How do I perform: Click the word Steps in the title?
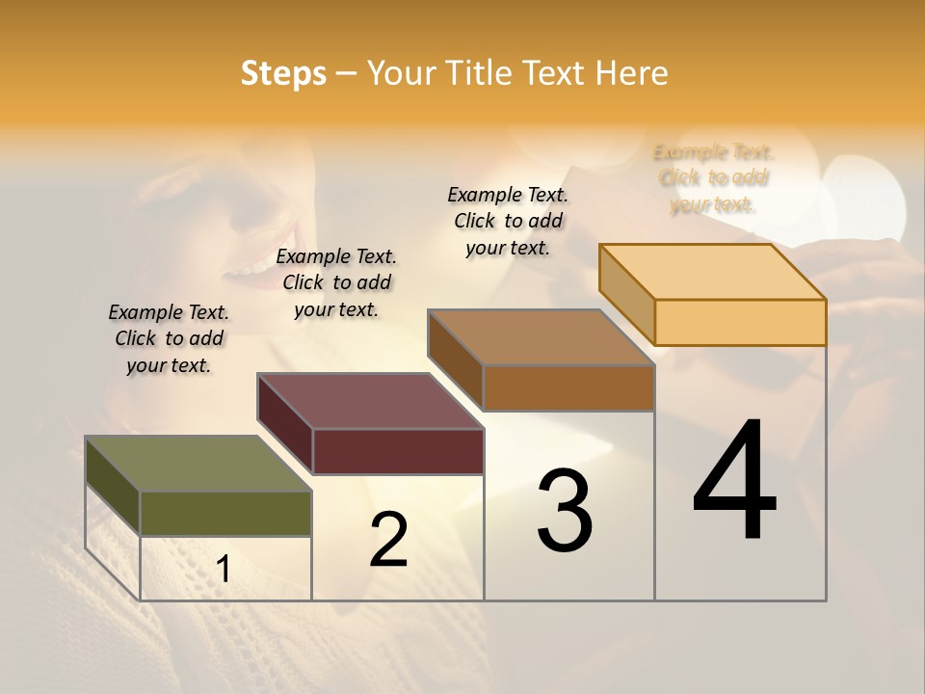click(283, 74)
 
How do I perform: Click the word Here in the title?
click(631, 74)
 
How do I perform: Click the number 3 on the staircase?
click(565, 511)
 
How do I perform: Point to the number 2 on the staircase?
click(388, 540)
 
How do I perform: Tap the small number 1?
click(224, 569)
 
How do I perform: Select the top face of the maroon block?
click(370, 401)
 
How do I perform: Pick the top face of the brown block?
click(542, 337)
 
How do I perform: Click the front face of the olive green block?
click(225, 513)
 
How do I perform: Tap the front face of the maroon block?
click(398, 451)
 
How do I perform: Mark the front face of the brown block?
click(568, 387)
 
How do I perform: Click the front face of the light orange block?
click(740, 322)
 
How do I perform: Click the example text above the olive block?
click(169, 338)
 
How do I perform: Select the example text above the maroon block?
click(336, 282)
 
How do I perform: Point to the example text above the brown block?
click(508, 221)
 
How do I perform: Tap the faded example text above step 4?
click(714, 178)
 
